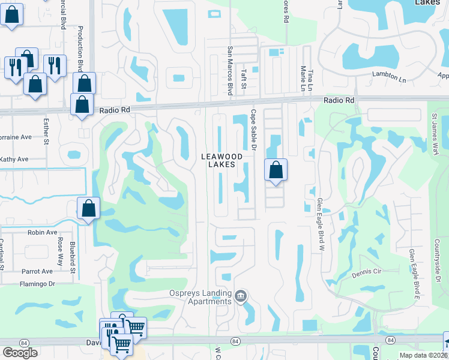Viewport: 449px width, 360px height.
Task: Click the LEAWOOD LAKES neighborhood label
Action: pyautogui.click(x=221, y=160)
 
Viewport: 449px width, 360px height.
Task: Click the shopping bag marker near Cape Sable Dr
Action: pyautogui.click(x=276, y=170)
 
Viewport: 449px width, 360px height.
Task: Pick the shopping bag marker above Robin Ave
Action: pyautogui.click(x=88, y=209)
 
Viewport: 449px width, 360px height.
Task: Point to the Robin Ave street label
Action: pyautogui.click(x=42, y=232)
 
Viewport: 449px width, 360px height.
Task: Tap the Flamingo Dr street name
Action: pyautogui.click(x=37, y=284)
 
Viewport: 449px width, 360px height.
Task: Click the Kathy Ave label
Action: pyautogui.click(x=14, y=160)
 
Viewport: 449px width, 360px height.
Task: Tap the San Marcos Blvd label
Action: pyautogui.click(x=230, y=71)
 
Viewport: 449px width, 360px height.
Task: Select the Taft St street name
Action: pyautogui.click(x=244, y=78)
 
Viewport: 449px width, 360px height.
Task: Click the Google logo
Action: pyautogui.click(x=20, y=353)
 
